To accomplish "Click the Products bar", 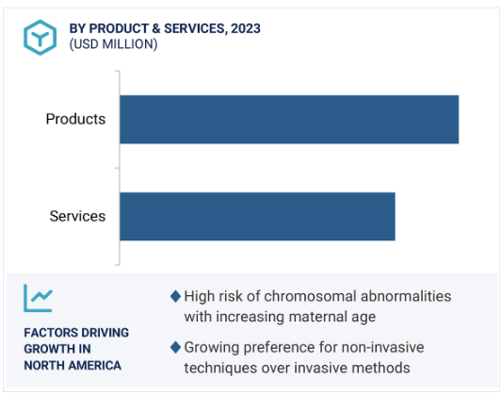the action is (289, 120).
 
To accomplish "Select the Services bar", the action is (257, 217).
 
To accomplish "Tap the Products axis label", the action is (75, 119).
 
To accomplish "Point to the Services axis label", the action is (77, 216).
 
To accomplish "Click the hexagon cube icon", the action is (40, 38).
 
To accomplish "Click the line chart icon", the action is (38, 298).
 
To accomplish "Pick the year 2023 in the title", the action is (246, 28).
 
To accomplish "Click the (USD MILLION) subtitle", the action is (113, 44).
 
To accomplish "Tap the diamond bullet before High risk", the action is (175, 296).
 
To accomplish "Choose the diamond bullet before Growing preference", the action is (175, 347).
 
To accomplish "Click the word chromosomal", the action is (310, 296).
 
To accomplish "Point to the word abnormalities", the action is (406, 296).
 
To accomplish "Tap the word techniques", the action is (220, 369).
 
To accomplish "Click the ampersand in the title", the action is (156, 28).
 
